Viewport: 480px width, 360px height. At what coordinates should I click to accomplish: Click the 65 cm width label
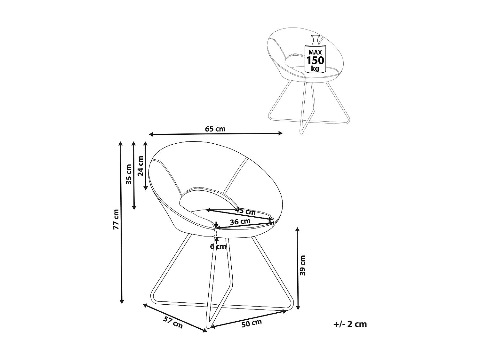coord(215,129)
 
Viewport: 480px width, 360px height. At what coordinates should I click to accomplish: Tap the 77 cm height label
coord(116,219)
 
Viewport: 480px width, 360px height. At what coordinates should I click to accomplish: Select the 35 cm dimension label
coord(129,174)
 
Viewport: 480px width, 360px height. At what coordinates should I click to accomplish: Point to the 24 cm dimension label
coord(140,166)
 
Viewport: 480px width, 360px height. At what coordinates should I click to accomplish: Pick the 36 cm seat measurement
coord(240,222)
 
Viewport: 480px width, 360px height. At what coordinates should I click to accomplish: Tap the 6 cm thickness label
coord(218,246)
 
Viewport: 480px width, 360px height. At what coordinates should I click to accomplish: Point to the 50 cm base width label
coord(252,323)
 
